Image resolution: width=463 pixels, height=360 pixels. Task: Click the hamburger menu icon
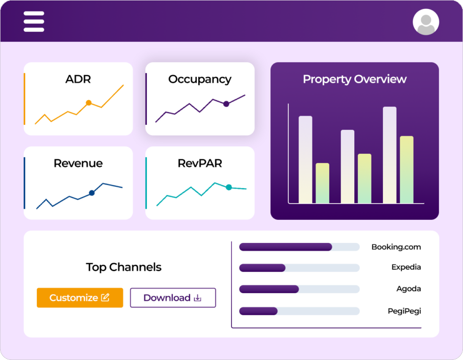tap(34, 22)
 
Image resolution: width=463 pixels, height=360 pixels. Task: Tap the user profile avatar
tap(426, 22)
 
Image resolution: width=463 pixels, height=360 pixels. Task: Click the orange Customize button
tap(80, 298)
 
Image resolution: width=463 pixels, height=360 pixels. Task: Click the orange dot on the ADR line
tap(89, 103)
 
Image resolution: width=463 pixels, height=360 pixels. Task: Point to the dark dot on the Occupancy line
tap(226, 104)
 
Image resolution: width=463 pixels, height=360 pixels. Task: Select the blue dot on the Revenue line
tap(92, 193)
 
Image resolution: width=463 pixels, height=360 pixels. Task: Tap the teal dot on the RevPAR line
tap(228, 187)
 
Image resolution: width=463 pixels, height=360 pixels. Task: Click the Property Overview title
tap(354, 79)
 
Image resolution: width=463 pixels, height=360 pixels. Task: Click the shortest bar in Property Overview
tap(322, 183)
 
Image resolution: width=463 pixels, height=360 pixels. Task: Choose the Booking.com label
tap(396, 247)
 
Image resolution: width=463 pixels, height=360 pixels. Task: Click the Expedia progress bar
tap(299, 268)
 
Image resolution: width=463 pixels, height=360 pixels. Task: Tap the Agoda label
tap(409, 289)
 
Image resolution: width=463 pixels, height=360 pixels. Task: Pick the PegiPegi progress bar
tap(299, 311)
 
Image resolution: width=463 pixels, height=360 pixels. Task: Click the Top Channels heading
tap(123, 267)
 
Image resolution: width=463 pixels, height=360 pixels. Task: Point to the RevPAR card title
tap(200, 163)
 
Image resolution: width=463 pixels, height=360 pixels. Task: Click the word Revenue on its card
tap(78, 163)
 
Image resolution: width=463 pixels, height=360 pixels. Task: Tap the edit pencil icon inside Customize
tap(105, 298)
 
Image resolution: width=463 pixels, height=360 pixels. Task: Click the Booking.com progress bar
tap(299, 247)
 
